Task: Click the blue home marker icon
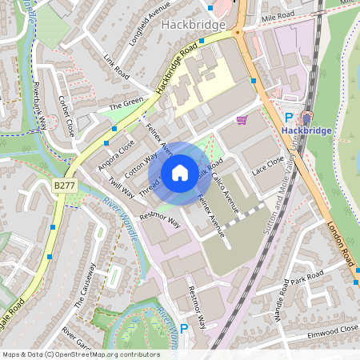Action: (x=180, y=173)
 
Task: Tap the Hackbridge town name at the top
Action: (x=193, y=25)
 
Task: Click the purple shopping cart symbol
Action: (x=242, y=119)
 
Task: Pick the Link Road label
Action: (x=117, y=66)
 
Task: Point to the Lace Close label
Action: (x=268, y=166)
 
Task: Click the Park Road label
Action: (x=306, y=278)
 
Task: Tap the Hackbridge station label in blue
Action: (x=306, y=129)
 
